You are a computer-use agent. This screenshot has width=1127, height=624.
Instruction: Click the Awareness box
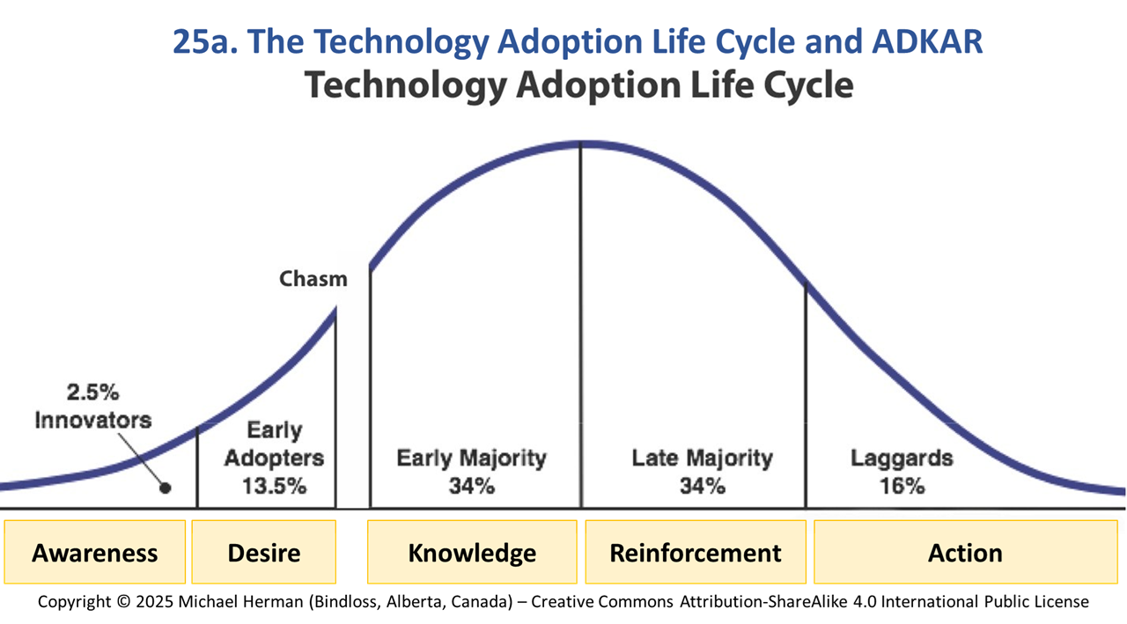94,552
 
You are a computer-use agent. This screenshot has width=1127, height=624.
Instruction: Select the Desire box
263,552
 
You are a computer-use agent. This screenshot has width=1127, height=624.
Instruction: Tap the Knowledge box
472,552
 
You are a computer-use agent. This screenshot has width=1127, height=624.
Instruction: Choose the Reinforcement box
696,552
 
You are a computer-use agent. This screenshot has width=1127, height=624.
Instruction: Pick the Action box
966,552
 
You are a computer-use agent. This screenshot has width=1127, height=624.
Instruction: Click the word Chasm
313,279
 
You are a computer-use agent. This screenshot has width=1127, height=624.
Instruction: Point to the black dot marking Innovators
166,488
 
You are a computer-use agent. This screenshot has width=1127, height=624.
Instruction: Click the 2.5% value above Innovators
93,393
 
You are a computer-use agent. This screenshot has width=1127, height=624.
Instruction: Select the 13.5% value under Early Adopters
274,486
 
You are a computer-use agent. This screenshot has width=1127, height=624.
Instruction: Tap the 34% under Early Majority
472,486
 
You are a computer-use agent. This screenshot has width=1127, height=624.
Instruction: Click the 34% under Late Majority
703,486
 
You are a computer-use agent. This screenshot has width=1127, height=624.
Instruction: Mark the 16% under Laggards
902,486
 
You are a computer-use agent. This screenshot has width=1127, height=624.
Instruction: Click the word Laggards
902,459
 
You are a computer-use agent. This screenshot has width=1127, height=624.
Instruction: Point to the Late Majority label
703,458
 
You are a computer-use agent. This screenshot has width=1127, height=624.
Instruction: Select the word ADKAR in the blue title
927,41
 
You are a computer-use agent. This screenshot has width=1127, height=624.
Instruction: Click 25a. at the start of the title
205,41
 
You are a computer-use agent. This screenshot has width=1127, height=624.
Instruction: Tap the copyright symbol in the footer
123,601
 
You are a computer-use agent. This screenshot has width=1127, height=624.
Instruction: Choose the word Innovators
93,420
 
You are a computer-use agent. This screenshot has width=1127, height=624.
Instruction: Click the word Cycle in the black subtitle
808,85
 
